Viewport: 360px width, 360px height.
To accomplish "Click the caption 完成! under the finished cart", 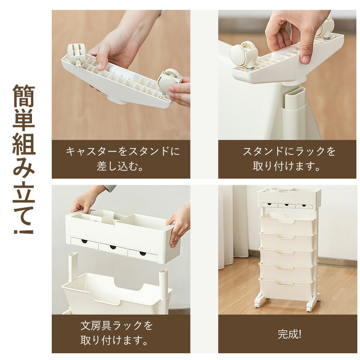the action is coord(289,334).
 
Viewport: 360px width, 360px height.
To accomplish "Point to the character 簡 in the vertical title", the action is coord(24,96).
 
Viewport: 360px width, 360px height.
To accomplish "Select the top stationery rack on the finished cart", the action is coord(289,198).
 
